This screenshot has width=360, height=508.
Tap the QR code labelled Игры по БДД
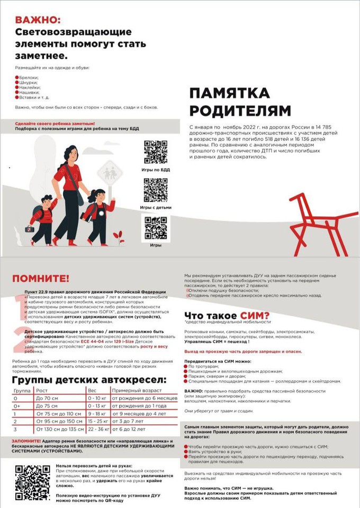pyautogui.click(x=155, y=151)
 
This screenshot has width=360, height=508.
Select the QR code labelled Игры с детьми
pyautogui.click(x=155, y=190)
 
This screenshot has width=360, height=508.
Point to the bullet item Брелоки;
pyautogui.click(x=29, y=77)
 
